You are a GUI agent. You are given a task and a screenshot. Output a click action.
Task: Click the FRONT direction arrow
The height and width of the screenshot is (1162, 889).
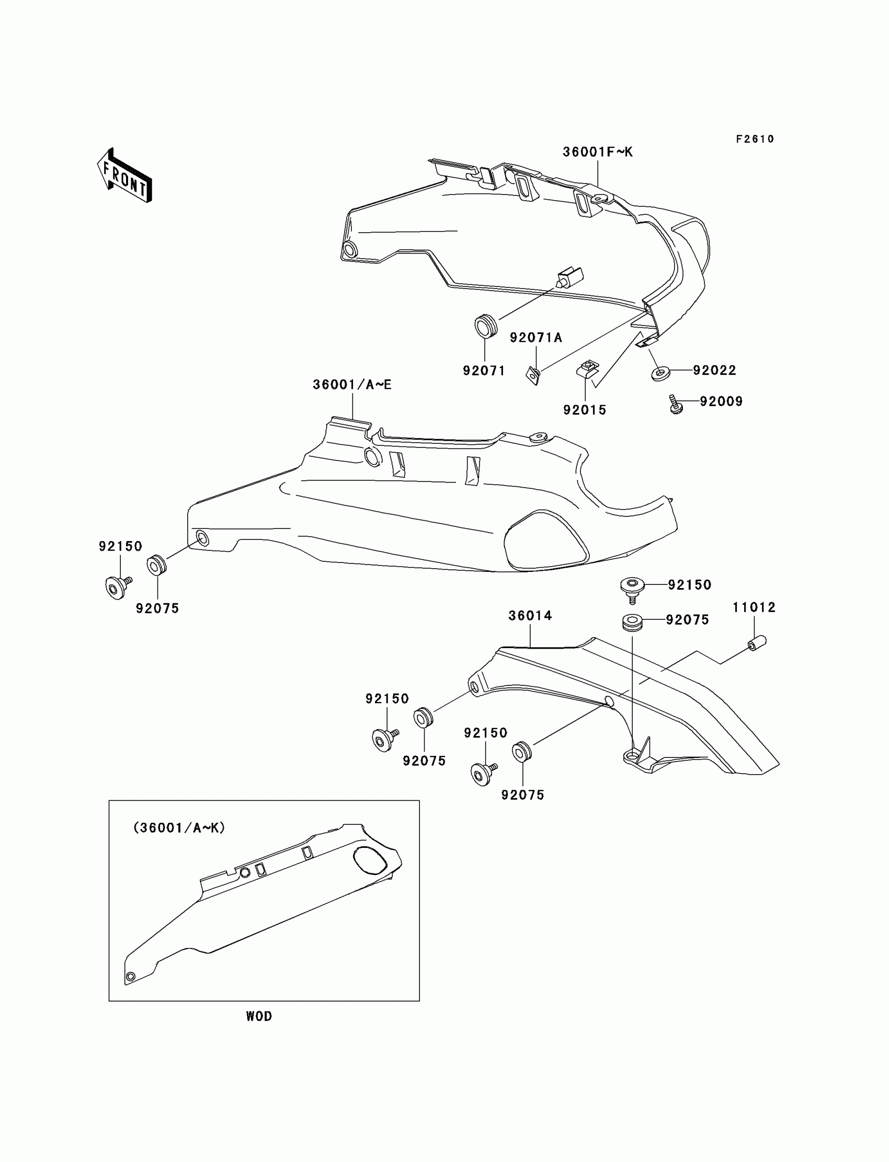(x=125, y=176)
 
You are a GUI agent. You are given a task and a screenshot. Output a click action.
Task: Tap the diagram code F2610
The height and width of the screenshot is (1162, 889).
(x=755, y=139)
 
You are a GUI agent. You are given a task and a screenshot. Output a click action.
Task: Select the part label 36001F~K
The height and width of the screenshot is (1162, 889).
(x=597, y=152)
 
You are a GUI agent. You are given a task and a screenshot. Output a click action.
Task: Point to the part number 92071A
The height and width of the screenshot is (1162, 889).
(x=535, y=338)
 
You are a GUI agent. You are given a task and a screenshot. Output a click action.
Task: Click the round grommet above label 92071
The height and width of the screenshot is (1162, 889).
(x=485, y=325)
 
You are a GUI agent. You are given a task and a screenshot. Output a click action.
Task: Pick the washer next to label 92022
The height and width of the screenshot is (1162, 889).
(x=660, y=374)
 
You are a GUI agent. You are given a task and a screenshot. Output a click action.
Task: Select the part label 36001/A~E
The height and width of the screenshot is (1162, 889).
(x=352, y=385)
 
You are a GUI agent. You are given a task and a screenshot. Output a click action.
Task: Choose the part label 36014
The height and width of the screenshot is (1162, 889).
(x=530, y=616)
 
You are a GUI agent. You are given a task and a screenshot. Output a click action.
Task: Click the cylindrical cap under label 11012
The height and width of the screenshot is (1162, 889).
(x=757, y=643)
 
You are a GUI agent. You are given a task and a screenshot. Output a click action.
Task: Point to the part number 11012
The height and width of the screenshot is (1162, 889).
(x=754, y=608)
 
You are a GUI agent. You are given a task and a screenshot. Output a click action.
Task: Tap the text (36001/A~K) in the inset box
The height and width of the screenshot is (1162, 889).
(x=179, y=828)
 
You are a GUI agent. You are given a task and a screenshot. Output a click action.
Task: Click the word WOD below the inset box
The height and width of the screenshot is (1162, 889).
(x=259, y=1016)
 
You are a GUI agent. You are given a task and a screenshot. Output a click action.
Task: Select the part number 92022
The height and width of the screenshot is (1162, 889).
(x=714, y=370)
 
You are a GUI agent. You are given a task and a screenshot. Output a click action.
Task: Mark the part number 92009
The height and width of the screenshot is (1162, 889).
(x=721, y=401)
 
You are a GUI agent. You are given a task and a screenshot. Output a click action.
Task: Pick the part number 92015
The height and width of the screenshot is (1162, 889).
(x=584, y=410)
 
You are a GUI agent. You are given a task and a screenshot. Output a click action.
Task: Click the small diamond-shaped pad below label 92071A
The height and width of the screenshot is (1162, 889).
(x=533, y=374)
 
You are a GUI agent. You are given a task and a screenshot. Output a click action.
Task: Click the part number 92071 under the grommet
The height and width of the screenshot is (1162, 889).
(x=484, y=371)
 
